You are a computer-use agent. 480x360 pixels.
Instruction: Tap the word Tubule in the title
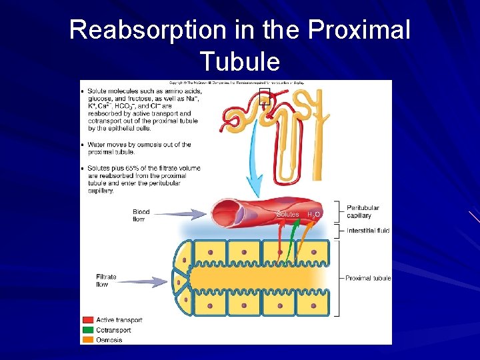coord(239,61)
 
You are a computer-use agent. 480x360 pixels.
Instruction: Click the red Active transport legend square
coord(87,320)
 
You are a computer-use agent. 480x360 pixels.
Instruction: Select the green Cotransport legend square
coord(87,330)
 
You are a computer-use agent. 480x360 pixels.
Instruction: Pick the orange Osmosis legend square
coord(87,340)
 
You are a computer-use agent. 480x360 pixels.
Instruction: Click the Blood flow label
coord(141,215)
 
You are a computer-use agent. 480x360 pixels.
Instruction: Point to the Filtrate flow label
coord(107,281)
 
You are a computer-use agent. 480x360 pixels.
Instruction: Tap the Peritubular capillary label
coord(363,211)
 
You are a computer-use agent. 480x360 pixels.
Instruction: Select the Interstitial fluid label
coord(368,231)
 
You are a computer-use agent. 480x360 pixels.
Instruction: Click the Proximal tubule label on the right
coord(368,278)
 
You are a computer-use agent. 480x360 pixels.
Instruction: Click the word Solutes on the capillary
coord(288,214)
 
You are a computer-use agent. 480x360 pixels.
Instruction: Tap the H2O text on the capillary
coord(313,214)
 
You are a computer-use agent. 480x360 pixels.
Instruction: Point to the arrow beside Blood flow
coord(183,214)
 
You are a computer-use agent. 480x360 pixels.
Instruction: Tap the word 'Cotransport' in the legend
coord(113,330)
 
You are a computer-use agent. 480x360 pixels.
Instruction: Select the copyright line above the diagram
coord(236,83)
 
